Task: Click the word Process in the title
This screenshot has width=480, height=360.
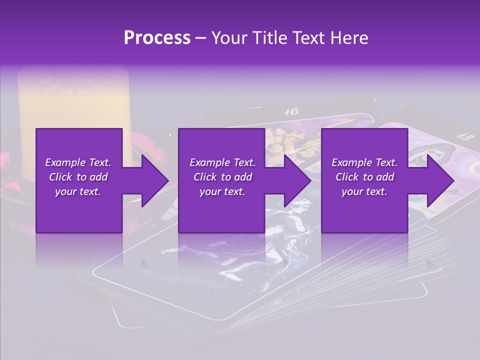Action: click(x=157, y=37)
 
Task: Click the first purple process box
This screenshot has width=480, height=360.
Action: click(x=79, y=180)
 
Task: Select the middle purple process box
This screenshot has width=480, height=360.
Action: click(x=221, y=180)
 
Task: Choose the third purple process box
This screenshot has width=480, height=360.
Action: click(x=364, y=180)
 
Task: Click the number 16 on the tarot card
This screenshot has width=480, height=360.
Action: click(x=291, y=112)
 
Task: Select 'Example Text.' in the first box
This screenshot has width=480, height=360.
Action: click(x=78, y=162)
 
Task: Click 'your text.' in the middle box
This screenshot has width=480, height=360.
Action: click(x=222, y=191)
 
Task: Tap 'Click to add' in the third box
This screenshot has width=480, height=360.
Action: click(x=364, y=177)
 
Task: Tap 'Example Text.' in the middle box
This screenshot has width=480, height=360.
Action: click(x=222, y=162)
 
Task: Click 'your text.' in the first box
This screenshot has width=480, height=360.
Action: click(x=78, y=191)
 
